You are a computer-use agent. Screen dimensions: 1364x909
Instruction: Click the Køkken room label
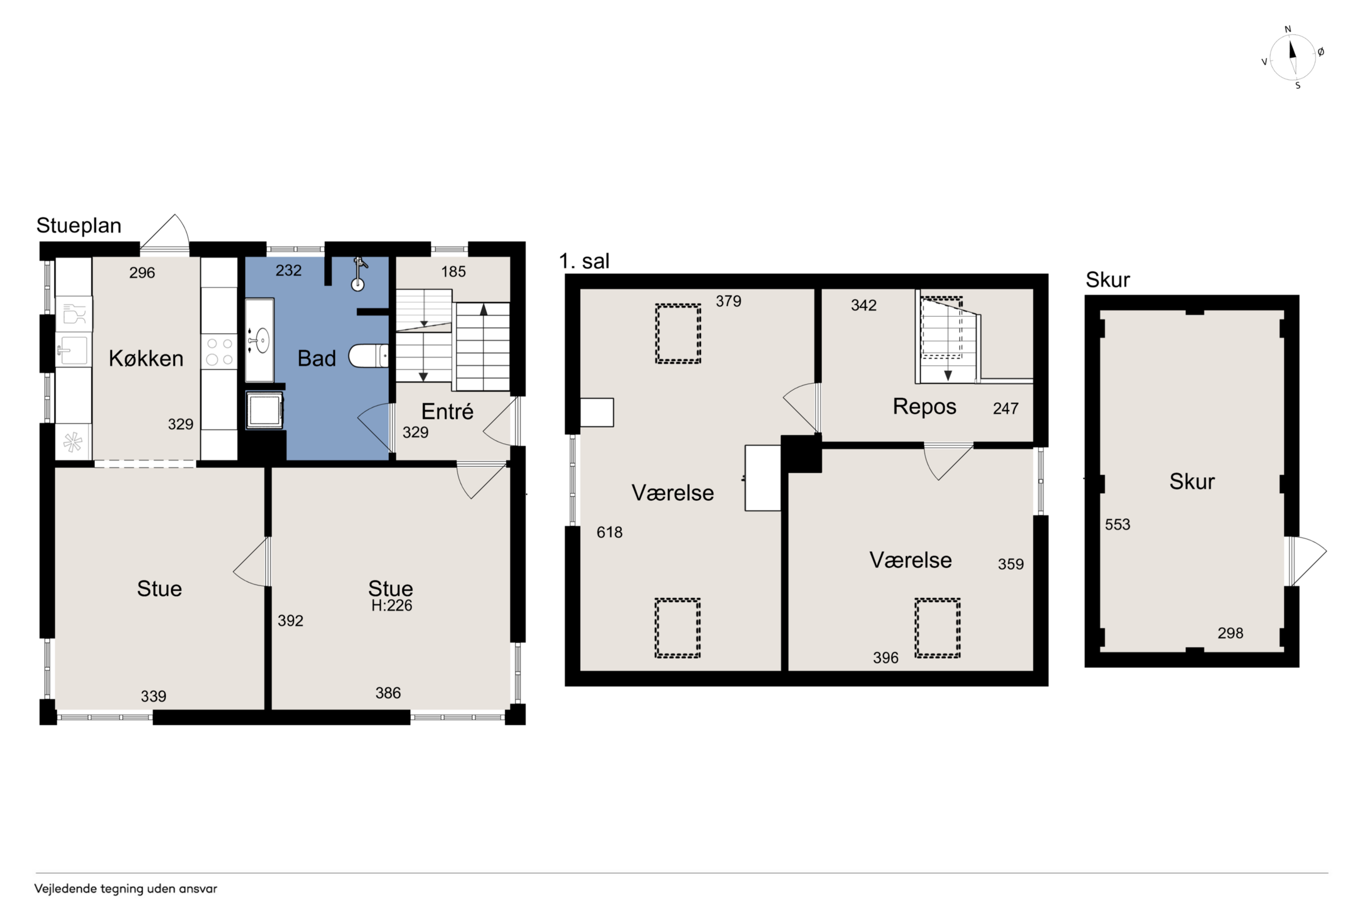click(146, 358)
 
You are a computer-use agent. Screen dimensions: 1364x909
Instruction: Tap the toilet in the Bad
click(368, 356)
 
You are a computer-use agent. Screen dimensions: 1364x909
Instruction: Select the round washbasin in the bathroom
click(261, 340)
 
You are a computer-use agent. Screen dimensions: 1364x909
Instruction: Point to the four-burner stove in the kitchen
click(219, 351)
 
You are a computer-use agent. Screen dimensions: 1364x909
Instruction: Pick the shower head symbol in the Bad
click(359, 274)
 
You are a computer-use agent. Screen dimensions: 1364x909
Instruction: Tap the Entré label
click(447, 411)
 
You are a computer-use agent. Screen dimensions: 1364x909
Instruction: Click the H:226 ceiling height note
click(392, 605)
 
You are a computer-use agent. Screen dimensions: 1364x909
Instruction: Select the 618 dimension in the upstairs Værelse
click(609, 532)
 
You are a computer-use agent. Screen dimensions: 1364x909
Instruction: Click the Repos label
click(924, 407)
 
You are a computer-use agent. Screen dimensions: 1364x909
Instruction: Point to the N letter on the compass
click(1288, 29)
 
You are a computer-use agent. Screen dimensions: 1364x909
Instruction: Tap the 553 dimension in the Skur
click(1117, 525)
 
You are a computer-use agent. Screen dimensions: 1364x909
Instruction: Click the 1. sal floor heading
click(584, 261)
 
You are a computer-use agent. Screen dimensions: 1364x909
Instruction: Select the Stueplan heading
click(79, 225)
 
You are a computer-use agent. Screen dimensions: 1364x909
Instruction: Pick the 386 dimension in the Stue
click(388, 693)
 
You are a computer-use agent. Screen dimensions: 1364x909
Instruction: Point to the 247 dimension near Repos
click(1005, 409)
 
